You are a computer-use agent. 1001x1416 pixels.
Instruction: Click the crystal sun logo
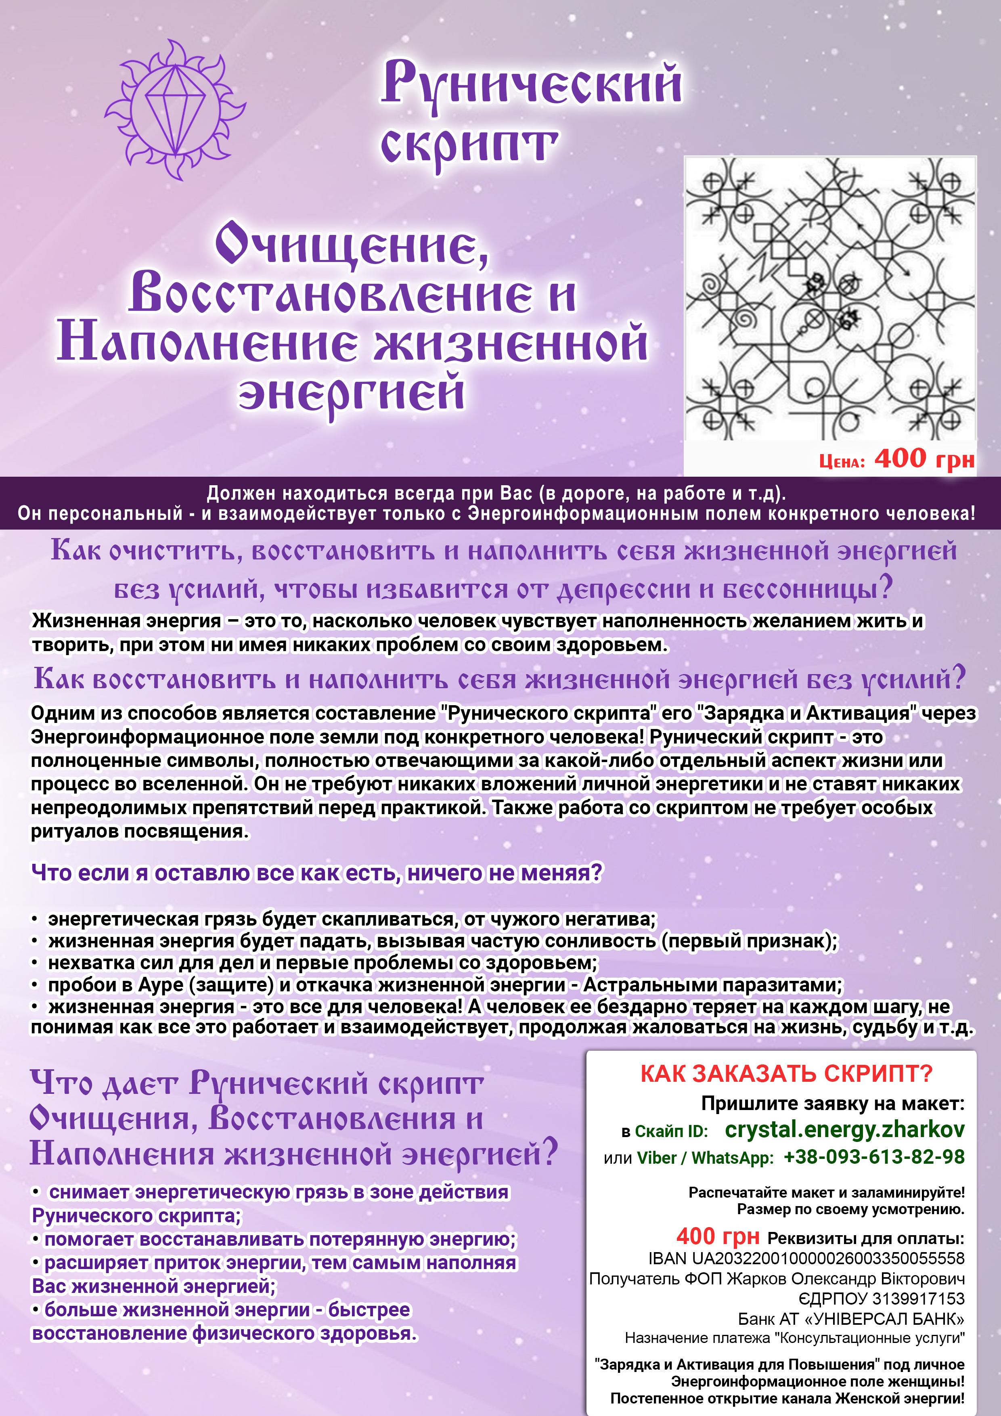(x=176, y=110)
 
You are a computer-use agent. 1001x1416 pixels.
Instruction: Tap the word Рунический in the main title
(x=532, y=83)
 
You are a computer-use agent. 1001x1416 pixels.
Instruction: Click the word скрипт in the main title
(x=469, y=146)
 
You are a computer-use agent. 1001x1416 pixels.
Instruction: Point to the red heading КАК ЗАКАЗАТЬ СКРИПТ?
(x=786, y=1074)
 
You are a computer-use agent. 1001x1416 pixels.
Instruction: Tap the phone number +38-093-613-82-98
(x=873, y=1156)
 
